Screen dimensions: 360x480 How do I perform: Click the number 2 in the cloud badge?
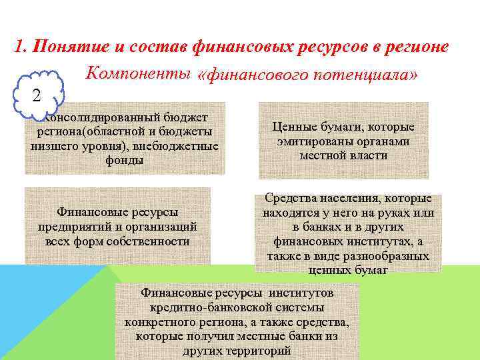click(37, 95)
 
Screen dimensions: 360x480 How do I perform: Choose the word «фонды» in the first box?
click(125, 161)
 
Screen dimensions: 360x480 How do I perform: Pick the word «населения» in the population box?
click(344, 199)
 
